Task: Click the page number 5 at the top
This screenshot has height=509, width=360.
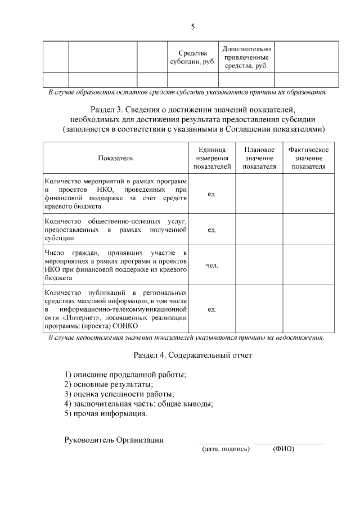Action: [x=193, y=26]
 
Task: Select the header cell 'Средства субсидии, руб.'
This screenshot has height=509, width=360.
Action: [x=193, y=57]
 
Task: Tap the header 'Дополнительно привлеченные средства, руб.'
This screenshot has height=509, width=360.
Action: [x=246, y=57]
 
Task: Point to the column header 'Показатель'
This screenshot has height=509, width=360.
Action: [x=115, y=159]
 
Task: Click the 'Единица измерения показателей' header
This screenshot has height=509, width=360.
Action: [x=212, y=159]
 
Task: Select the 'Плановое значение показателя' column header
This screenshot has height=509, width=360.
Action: [x=259, y=159]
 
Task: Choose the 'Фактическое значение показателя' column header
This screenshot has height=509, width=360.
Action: [x=308, y=159]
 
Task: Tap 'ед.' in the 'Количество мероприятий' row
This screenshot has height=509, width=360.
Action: [x=212, y=194]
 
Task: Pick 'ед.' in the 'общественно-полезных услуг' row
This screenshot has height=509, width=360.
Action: [x=212, y=230]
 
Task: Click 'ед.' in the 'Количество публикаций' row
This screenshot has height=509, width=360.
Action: [x=212, y=309]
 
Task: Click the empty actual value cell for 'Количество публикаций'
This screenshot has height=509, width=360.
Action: [x=308, y=309]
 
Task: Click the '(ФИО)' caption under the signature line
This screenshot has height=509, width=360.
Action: [x=283, y=449]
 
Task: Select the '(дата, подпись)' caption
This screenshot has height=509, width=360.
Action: [x=225, y=449]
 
